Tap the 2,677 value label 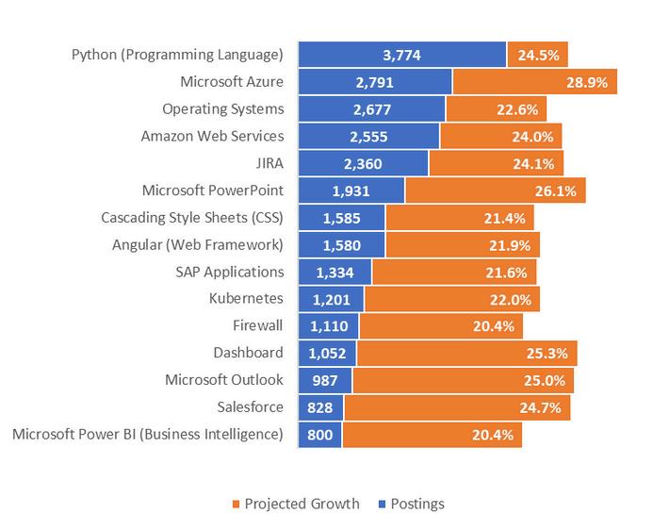371,109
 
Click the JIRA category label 267,163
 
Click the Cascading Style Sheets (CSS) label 192,218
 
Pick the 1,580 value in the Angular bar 341,245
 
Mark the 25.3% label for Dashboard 551,354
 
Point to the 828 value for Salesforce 321,408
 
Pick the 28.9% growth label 592,82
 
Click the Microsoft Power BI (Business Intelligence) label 148,435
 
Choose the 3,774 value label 401,55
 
